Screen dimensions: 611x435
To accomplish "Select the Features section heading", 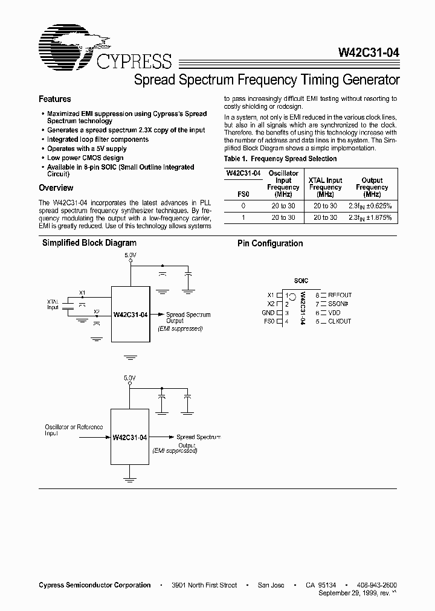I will point(55,99).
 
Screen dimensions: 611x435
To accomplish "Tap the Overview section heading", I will point(56,188).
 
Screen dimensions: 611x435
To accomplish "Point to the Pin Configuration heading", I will point(270,243).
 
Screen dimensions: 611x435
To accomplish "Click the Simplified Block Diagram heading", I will point(89,243).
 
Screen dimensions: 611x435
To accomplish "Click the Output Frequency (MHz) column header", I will point(372,187).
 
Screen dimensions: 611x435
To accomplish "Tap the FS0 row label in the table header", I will point(243,194).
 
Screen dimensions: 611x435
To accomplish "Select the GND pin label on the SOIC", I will point(268,313).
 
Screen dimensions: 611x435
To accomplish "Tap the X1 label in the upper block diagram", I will point(83,293).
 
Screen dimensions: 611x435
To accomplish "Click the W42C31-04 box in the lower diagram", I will point(130,437).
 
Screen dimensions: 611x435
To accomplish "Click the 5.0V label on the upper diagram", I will point(130,256).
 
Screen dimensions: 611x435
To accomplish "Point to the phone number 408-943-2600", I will point(376,585).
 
